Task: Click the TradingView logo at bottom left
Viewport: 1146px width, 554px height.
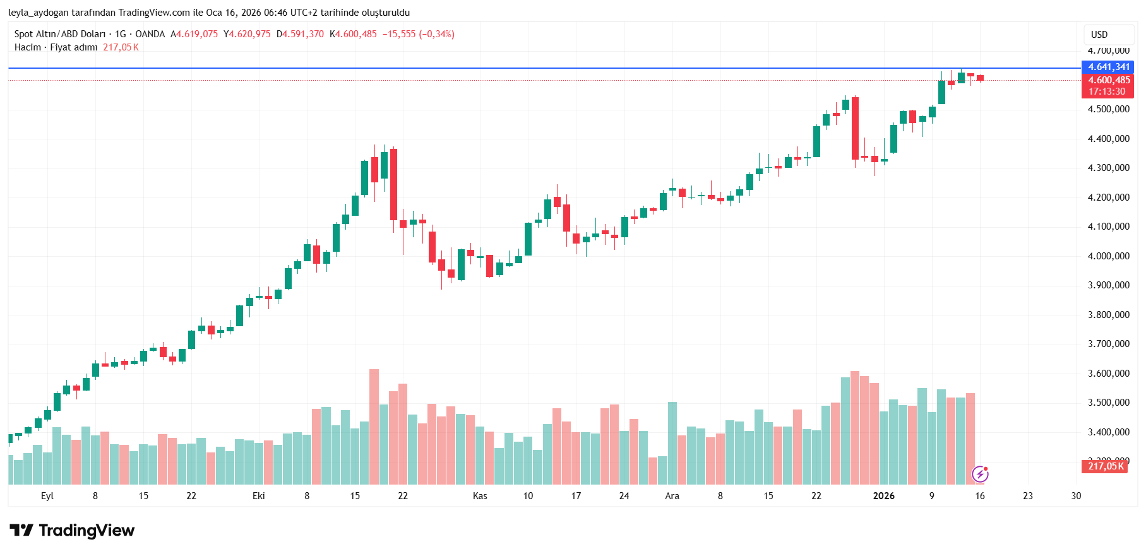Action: tap(72, 531)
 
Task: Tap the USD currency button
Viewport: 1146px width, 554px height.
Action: tap(1099, 35)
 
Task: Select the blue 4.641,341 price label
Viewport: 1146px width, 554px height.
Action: tap(1108, 67)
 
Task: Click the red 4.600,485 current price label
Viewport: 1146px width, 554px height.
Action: tap(1108, 80)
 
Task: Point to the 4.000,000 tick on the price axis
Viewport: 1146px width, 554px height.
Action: tap(1108, 256)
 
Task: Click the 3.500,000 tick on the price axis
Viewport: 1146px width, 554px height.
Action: tap(1108, 403)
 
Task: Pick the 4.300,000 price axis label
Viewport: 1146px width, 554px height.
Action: tap(1108, 168)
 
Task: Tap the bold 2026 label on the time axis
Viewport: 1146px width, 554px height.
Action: tap(883, 496)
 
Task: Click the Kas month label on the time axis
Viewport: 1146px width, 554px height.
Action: tap(480, 496)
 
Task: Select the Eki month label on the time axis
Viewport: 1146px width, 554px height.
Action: tap(259, 496)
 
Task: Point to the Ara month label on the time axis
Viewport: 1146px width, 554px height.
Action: tap(672, 496)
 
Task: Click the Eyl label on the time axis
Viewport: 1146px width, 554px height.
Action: tap(47, 496)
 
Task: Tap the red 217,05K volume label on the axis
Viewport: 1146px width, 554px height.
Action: tap(1105, 466)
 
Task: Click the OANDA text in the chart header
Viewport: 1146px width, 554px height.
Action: tap(150, 34)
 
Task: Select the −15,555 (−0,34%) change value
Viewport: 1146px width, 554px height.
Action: tap(418, 34)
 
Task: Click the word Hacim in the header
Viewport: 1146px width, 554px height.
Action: tap(28, 47)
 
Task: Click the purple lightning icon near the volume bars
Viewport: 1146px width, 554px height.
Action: tap(980, 473)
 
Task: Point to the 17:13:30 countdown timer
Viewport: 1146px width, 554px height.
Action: tap(1107, 91)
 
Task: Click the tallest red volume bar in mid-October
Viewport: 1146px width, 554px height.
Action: tap(374, 427)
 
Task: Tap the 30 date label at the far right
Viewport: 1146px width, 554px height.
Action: tap(1076, 496)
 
